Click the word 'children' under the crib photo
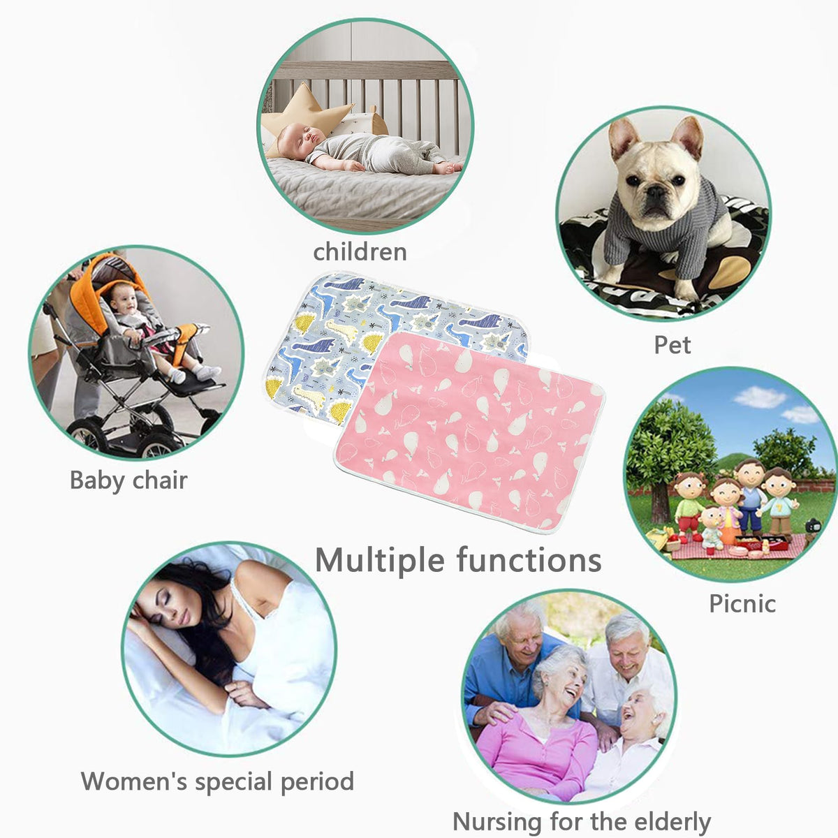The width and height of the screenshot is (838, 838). [x=360, y=252]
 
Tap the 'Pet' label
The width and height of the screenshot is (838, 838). [x=672, y=345]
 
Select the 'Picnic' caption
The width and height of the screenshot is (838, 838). [x=742, y=604]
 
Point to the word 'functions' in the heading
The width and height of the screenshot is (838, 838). [x=529, y=559]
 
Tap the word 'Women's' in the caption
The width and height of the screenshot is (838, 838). [x=134, y=781]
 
